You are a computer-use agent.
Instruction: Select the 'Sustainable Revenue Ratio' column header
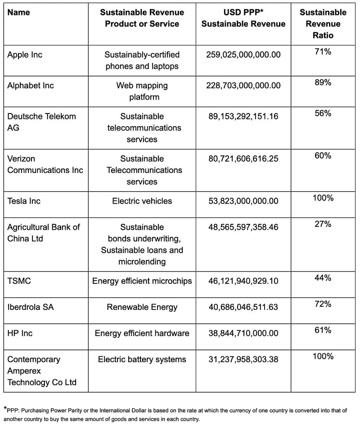pyautogui.click(x=323, y=23)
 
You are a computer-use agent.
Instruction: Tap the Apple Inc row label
pyautogui.click(x=25, y=55)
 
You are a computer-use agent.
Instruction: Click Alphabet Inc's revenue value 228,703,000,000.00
pyautogui.click(x=243, y=86)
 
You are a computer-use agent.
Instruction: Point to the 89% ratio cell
pyautogui.click(x=323, y=83)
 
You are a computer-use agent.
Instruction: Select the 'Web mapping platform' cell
pyautogui.click(x=142, y=91)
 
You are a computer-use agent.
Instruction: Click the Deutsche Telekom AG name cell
pyautogui.click(x=41, y=122)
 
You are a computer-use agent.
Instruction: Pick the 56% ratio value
pyautogui.click(x=323, y=114)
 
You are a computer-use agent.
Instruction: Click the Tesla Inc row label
pyautogui.click(x=23, y=201)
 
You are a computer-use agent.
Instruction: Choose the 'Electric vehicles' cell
pyautogui.click(x=142, y=201)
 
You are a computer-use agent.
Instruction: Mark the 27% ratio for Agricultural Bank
pyautogui.click(x=323, y=224)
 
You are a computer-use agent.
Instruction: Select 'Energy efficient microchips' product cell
pyautogui.click(x=142, y=281)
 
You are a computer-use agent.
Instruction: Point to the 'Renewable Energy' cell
pyautogui.click(x=142, y=307)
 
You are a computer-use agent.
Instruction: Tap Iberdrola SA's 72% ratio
pyautogui.click(x=323, y=304)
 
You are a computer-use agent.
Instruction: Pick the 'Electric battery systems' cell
pyautogui.click(x=142, y=359)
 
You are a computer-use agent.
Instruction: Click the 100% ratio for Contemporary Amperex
pyautogui.click(x=323, y=356)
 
